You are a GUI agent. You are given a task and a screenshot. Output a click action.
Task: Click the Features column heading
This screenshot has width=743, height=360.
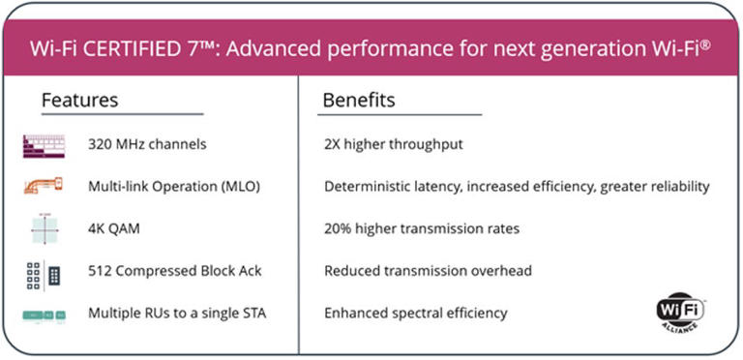(79, 101)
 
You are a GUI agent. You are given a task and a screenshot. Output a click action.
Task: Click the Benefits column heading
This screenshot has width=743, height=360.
(359, 101)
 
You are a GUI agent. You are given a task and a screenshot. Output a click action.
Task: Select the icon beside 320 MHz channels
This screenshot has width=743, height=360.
(45, 145)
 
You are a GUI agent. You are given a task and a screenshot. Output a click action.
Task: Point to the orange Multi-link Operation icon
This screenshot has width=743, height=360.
(45, 186)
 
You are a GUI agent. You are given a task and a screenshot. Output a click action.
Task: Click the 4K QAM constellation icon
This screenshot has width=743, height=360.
(45, 228)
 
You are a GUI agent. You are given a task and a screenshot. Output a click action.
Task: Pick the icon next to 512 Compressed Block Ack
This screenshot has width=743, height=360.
(45, 271)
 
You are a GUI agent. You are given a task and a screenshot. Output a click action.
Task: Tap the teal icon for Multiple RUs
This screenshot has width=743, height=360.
(45, 314)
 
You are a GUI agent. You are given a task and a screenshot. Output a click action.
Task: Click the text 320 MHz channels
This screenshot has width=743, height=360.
(147, 145)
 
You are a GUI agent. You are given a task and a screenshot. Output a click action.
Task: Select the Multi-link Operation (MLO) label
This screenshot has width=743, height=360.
(174, 186)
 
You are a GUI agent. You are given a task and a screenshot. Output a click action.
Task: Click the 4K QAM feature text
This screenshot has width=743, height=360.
(114, 228)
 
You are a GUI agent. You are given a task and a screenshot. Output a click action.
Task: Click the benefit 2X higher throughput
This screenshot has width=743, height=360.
(394, 145)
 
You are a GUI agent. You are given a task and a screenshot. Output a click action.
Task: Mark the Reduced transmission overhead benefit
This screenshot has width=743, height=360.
(428, 271)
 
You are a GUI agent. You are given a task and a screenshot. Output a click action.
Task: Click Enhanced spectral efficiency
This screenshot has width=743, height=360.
(416, 314)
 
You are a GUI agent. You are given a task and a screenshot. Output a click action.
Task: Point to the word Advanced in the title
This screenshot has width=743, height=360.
(327, 45)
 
